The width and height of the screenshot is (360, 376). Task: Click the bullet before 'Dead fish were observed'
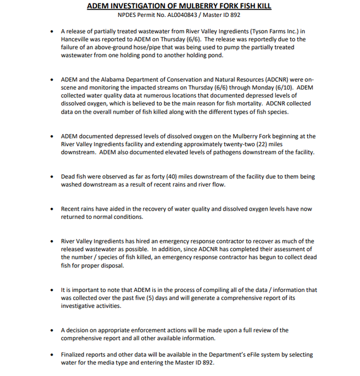point(51,177)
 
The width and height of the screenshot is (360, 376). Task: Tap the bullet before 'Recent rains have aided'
point(51,209)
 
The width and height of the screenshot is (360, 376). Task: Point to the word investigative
point(82,306)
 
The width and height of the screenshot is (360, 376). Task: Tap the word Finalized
point(75,355)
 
